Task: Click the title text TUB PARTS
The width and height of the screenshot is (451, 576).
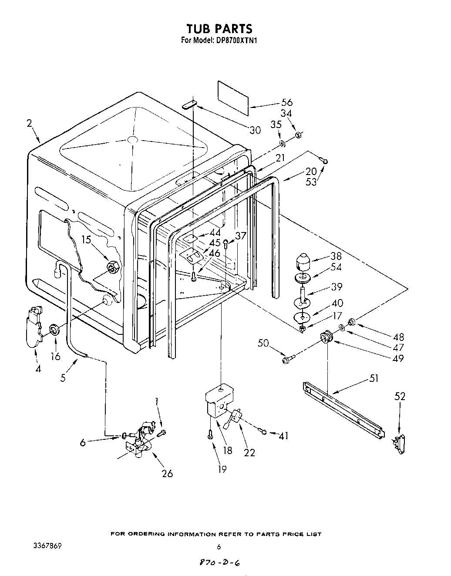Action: [x=219, y=29]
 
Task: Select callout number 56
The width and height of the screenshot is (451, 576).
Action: [x=287, y=103]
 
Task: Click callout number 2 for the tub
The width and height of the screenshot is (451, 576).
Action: [x=29, y=123]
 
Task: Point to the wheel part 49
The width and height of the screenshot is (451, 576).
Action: [x=326, y=337]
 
